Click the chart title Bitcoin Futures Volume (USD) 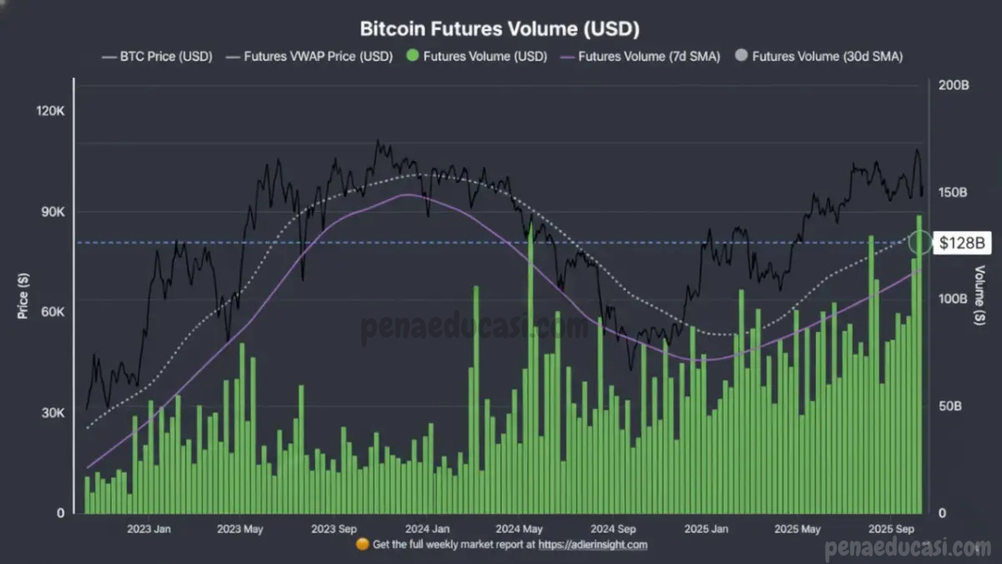499,28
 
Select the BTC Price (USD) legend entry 157,57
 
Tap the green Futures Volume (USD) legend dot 412,57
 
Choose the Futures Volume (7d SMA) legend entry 639,57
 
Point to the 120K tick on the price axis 50,112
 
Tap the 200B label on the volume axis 953,85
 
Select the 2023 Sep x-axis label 334,529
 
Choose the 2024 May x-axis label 519,529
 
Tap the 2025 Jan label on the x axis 706,529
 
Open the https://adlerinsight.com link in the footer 593,545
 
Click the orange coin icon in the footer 362,545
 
